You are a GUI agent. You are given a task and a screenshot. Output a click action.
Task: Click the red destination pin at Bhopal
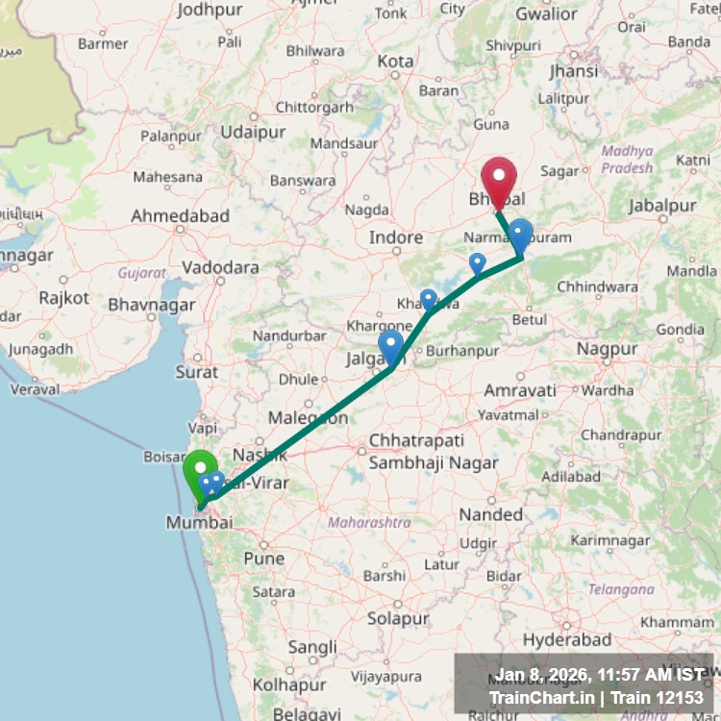(499, 179)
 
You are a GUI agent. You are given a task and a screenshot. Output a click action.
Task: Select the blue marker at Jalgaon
(391, 346)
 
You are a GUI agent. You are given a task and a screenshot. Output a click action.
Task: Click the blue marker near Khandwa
(429, 300)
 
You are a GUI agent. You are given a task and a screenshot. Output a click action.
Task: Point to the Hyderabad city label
(568, 639)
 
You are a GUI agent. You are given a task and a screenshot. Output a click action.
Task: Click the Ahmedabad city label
(181, 215)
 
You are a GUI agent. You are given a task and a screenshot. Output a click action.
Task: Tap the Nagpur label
(608, 349)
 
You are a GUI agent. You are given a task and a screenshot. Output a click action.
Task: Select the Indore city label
(396, 236)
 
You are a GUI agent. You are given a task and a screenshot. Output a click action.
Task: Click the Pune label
(263, 558)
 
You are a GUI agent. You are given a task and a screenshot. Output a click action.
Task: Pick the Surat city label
(196, 371)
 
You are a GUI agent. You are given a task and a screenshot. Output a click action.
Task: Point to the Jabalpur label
(662, 206)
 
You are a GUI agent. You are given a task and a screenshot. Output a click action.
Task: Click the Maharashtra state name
(369, 523)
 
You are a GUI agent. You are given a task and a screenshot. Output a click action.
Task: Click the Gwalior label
(546, 13)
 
